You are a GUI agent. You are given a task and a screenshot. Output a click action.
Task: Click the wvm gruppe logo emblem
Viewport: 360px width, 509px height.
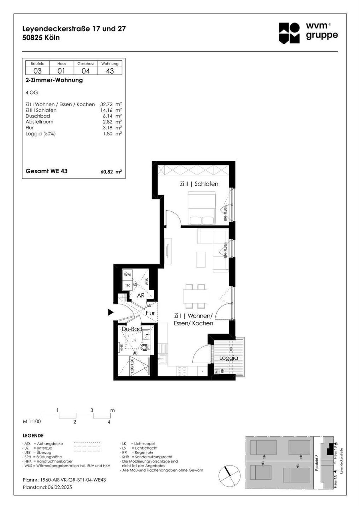tap(289, 33)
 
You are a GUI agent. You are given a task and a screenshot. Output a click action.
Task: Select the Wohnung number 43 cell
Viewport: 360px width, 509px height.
tap(110, 71)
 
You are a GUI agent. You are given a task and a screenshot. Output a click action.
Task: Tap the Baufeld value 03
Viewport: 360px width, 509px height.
tap(37, 71)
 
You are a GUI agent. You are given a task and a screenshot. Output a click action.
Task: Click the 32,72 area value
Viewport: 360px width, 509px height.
tap(106, 104)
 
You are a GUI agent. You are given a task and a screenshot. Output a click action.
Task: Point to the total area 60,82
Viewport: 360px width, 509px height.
tap(107, 172)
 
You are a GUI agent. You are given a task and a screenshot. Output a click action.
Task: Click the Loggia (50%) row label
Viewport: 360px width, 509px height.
tap(40, 134)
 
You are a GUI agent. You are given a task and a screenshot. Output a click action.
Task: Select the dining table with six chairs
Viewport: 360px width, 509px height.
tap(195, 296)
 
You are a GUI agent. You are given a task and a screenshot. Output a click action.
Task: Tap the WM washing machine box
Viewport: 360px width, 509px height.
tap(127, 274)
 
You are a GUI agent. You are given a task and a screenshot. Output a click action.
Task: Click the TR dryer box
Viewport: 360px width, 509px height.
tap(127, 285)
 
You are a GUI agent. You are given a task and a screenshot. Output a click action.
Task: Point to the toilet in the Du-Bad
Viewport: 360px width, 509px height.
tap(145, 347)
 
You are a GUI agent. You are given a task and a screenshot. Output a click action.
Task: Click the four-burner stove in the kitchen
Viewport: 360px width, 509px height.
tap(182, 371)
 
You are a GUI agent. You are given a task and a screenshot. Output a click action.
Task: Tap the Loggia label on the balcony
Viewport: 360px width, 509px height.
tap(229, 358)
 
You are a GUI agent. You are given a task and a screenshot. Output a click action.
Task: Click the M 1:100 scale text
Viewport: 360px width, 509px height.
tap(32, 421)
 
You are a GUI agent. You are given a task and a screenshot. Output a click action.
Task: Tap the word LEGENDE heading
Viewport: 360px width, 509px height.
tap(33, 436)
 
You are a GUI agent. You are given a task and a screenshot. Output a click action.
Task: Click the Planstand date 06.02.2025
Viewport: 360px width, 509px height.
tap(60, 487)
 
